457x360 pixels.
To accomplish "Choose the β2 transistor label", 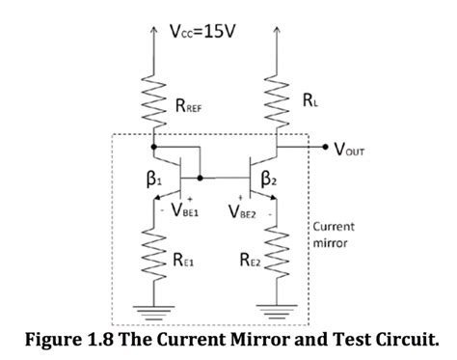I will point(269,180).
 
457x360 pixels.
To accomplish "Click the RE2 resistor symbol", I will point(276,259).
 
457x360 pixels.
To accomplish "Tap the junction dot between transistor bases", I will point(200,179).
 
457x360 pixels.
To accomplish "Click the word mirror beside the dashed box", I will point(329,243).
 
